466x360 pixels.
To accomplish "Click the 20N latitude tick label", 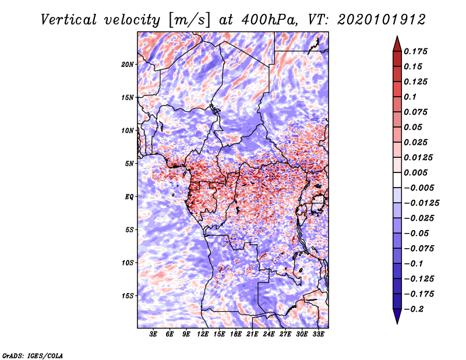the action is pos(128,65).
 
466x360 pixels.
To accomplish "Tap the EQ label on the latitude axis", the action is pos(129,197).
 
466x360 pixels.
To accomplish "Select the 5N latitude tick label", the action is pos(129,164).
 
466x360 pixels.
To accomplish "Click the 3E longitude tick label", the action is pos(153,334).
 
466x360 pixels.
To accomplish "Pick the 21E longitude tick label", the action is pos(252,334).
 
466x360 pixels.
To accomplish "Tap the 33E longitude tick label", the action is pos(318,334).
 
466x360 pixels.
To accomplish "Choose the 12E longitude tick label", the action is pos(203,334).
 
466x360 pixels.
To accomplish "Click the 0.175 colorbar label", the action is pos(416,51).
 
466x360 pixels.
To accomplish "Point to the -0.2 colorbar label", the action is pos(414,309).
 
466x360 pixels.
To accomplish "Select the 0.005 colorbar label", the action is pos(416,172).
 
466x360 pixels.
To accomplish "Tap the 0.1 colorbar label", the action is pos(410,97).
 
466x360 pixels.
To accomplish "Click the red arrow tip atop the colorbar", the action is pos(397,37).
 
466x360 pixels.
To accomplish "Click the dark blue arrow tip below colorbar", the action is pos(397,323).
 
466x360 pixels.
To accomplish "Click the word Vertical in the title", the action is pos(69,20).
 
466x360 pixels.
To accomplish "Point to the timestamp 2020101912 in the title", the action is pos(382,20).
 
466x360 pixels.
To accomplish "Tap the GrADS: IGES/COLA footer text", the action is pos(33,356).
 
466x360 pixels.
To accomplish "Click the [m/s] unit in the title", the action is pos(189,20).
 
